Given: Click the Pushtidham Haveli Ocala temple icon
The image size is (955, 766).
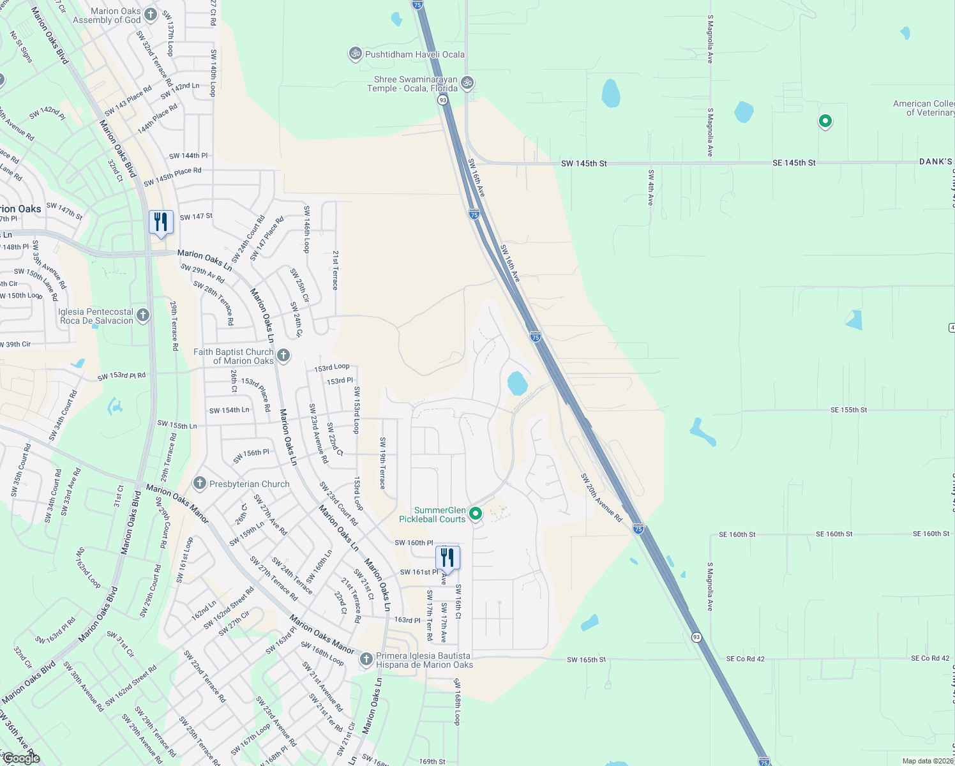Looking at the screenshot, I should pos(355,54).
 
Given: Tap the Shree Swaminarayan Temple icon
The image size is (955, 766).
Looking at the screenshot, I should pos(467,83).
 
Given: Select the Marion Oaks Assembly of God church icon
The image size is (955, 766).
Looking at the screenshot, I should pos(151,14).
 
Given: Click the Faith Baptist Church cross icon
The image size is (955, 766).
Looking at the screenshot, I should pos(283,355).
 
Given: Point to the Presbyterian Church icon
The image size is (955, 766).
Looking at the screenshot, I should pos(200,483).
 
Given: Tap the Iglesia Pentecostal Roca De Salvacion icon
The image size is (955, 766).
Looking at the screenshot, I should pos(143,315).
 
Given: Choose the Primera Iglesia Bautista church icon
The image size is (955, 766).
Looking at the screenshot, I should pos(366,659).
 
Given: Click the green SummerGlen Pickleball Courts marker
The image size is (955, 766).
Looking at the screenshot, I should pos(475,513).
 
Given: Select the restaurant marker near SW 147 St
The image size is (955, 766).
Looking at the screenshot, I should pos(161,222).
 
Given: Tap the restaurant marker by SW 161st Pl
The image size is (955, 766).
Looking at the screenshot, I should pos(447,558).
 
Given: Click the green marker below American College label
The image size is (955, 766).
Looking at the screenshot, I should pos(825,121).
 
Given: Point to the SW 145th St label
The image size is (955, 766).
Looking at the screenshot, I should pos(583,163).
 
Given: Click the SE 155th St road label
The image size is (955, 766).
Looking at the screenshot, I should pos(848,410).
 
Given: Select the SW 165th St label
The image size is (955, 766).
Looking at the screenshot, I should pos(586,659).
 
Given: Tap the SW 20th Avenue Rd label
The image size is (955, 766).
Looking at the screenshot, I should pos(601,497).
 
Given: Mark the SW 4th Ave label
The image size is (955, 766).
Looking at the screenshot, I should pos(650,188).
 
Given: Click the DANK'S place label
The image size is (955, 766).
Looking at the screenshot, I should pos(935,161).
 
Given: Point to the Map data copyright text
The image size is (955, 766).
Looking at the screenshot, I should pos(927,761).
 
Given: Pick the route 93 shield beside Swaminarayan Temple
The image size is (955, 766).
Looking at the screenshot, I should pos(442,100).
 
